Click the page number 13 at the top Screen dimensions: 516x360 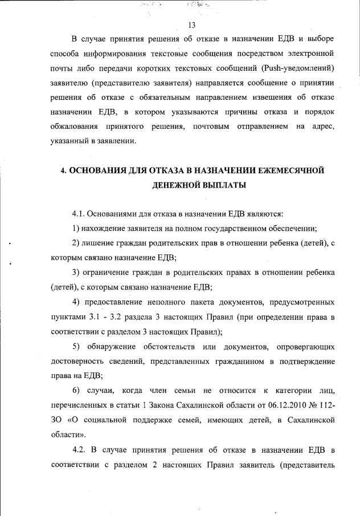[191, 25]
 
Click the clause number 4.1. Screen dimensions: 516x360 [79, 214]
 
